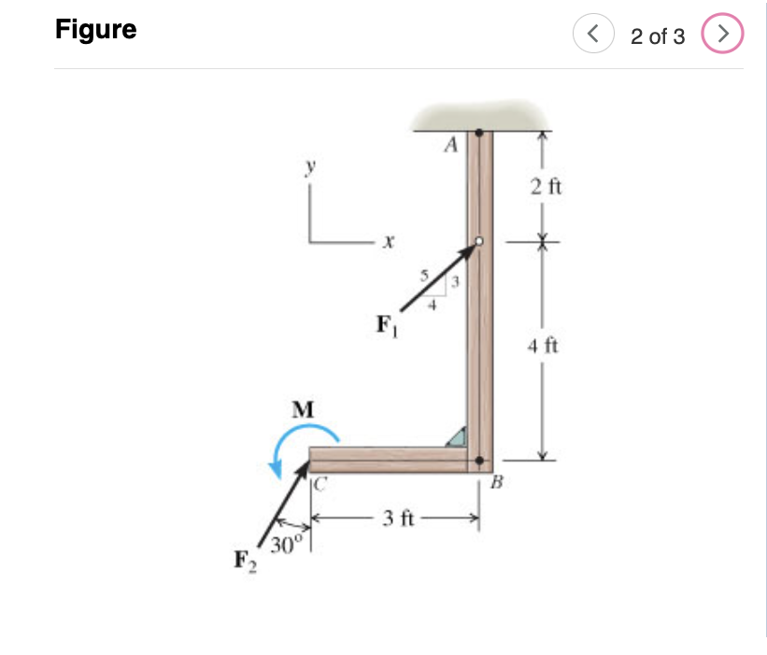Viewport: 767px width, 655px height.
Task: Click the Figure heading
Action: [x=95, y=30]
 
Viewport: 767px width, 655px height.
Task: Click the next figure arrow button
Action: [x=725, y=36]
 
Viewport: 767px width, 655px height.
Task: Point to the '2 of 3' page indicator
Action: [x=657, y=36]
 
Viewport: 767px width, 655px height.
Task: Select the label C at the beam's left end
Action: [x=320, y=484]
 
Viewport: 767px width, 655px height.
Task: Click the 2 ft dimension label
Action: [x=544, y=186]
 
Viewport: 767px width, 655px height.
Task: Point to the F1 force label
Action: [x=384, y=325]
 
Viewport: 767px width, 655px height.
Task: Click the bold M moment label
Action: [x=303, y=409]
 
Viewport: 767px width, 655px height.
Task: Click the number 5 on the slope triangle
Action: [x=423, y=276]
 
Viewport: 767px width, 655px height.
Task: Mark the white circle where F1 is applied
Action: [x=478, y=241]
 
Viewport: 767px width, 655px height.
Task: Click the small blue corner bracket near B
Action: [x=457, y=436]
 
